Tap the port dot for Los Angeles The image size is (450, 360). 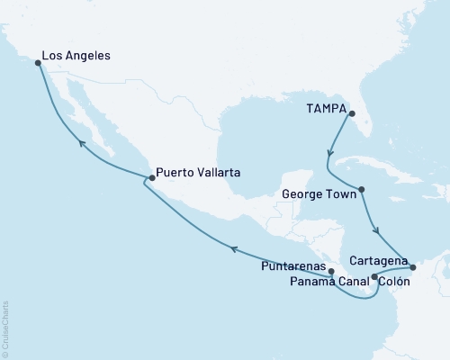click(x=38, y=63)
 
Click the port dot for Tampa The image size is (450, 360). click(x=352, y=113)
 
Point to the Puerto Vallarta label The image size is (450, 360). click(x=197, y=172)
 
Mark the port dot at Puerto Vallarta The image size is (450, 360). click(x=152, y=178)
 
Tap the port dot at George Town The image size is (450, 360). click(x=361, y=190)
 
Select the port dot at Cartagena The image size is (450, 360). click(x=412, y=266)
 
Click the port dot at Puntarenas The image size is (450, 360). click(x=331, y=270)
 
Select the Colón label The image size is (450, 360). click(x=395, y=281)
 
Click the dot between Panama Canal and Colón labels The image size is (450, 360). click(x=374, y=278)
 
